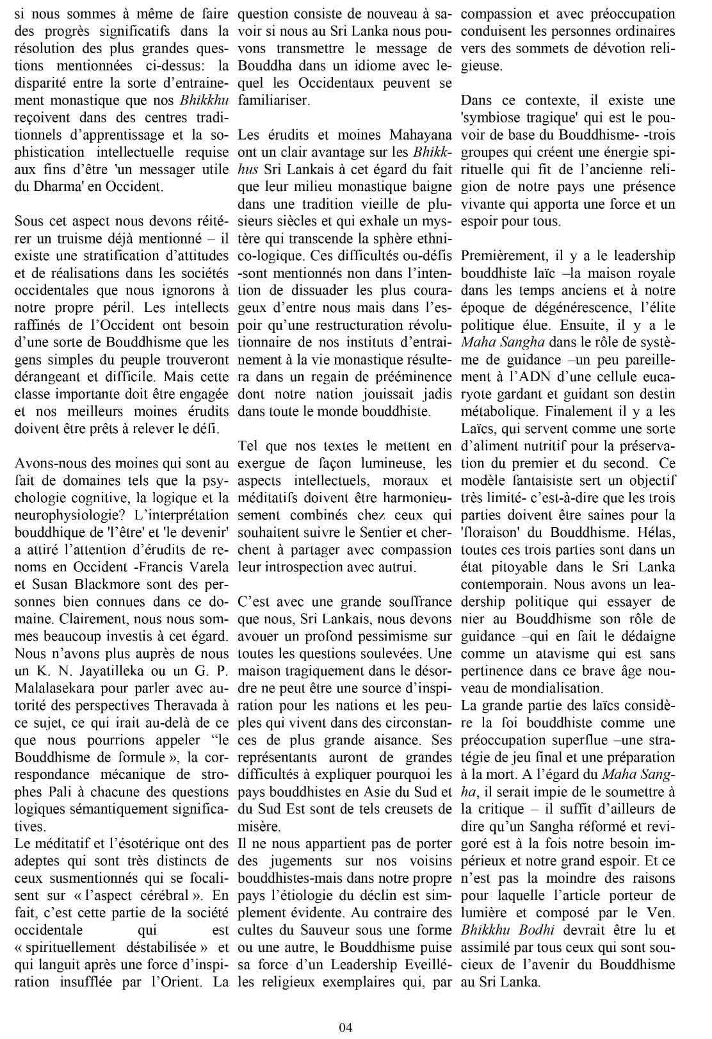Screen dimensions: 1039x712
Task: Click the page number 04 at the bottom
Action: tap(346, 1027)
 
